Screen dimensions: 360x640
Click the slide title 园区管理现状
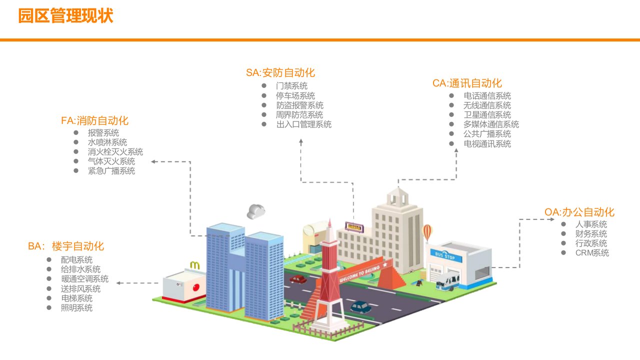pos(65,16)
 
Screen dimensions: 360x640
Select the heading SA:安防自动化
pos(280,73)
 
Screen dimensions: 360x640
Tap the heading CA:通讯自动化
pos(467,83)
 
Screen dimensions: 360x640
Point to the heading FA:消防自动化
pos(94,120)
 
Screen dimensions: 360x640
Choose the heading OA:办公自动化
pos(579,212)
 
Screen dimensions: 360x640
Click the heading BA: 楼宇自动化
pos(66,246)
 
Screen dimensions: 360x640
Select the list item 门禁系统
pos(291,86)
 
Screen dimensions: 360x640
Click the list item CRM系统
pos(592,253)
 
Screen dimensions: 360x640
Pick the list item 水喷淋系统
pos(107,142)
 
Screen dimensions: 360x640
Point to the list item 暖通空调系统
pos(84,279)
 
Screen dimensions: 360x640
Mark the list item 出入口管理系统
pos(303,124)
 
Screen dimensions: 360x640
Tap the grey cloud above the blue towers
pos(255,211)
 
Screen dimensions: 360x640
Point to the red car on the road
pos(298,279)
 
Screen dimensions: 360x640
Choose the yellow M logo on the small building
pos(195,264)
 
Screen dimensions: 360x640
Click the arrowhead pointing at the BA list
pos(119,283)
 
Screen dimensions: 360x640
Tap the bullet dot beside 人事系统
pos(563,224)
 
